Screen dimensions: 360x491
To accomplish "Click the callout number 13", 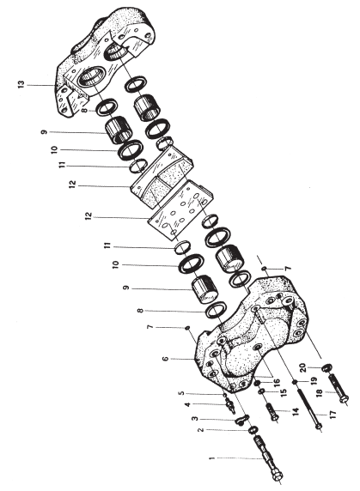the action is click(x=21, y=84).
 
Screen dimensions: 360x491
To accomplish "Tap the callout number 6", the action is click(x=166, y=359).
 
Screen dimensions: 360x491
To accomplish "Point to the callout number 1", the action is click(x=212, y=458).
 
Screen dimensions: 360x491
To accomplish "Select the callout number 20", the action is click(x=302, y=367).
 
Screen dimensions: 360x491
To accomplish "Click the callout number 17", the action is click(x=333, y=415).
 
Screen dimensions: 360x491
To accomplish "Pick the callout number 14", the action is click(x=296, y=411).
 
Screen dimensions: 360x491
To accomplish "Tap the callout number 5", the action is click(x=182, y=393).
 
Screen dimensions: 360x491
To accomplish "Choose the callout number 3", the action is click(x=195, y=419).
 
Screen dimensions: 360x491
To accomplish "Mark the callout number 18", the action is click(x=319, y=392).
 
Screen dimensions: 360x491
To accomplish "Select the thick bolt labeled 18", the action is click(x=338, y=387).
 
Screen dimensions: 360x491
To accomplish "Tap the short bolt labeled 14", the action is click(x=272, y=412).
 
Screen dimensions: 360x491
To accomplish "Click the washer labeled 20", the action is click(x=327, y=367).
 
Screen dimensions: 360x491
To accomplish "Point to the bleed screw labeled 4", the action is click(x=230, y=406).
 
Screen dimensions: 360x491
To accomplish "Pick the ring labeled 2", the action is click(x=253, y=431).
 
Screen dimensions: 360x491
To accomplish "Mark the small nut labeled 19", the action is click(x=295, y=382).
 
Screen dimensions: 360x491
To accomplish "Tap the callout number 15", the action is click(x=284, y=393).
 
